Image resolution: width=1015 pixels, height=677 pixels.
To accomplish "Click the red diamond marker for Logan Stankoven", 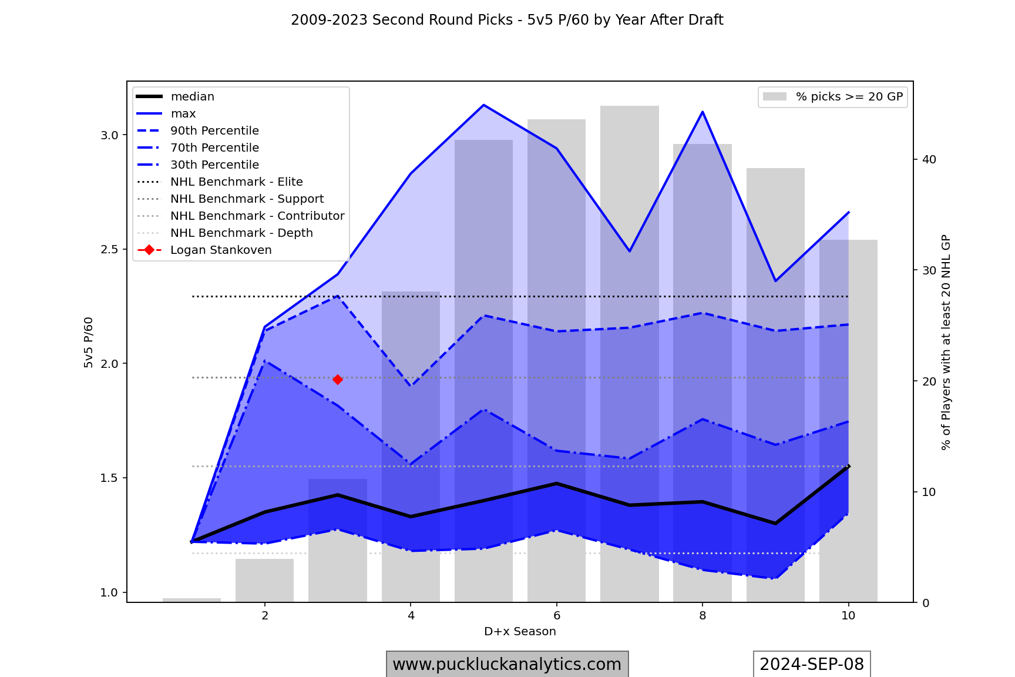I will click(338, 380).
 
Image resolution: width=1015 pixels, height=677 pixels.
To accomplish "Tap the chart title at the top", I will click(507, 20).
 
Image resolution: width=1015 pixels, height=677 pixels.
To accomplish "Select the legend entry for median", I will click(192, 96).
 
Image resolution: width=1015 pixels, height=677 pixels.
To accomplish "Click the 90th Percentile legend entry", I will click(214, 130).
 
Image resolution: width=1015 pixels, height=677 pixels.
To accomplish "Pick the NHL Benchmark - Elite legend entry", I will click(236, 182).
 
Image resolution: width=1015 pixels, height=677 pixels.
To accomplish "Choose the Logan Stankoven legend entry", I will click(221, 250).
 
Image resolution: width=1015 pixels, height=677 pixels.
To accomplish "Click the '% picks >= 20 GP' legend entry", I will click(849, 96).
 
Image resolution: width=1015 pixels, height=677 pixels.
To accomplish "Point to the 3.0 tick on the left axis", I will click(110, 135).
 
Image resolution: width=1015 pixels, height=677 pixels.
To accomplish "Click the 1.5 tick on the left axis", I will click(110, 478).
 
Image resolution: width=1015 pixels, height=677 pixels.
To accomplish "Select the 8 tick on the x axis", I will click(703, 616).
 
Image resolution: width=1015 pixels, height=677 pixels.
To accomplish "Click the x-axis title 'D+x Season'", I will click(520, 632).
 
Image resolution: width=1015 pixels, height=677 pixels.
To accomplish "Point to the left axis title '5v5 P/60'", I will click(89, 343).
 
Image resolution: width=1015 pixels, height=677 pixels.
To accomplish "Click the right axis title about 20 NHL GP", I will click(946, 343).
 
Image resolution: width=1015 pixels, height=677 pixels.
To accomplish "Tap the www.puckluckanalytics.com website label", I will click(507, 664).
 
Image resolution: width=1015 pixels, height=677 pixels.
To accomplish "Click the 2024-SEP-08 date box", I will click(812, 664).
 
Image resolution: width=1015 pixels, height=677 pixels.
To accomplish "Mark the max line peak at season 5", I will click(483, 105).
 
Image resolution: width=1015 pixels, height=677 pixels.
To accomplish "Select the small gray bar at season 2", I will click(264, 580).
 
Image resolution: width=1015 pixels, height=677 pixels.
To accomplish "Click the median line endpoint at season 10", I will click(848, 466).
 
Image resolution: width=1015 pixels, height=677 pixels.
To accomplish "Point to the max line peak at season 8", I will click(703, 112).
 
